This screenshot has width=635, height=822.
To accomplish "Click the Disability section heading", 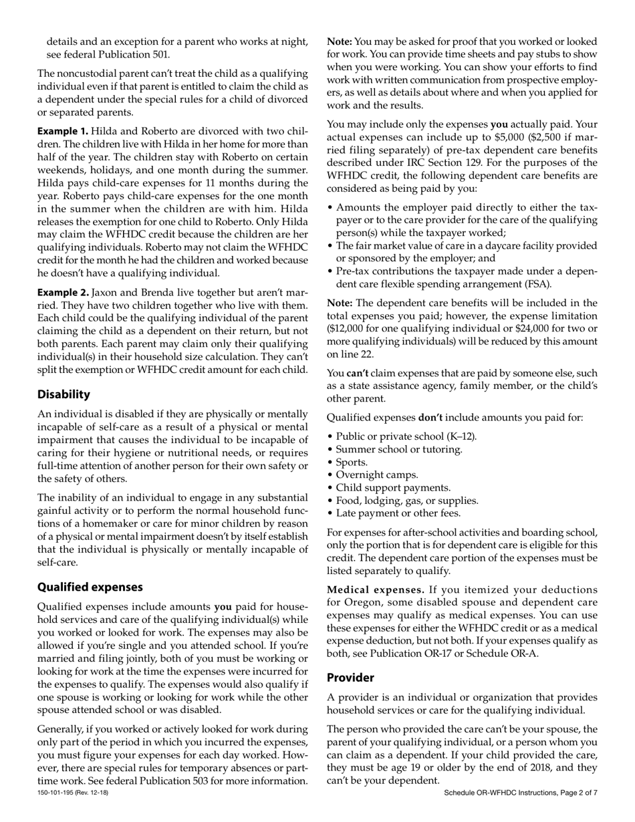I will click(x=63, y=394).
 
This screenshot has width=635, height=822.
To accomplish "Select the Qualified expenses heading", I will click(x=90, y=587).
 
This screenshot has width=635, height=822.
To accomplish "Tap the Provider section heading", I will click(x=350, y=677).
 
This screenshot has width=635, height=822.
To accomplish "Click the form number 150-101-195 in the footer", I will click(x=59, y=793).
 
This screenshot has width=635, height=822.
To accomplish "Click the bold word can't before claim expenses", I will click(x=358, y=373).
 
